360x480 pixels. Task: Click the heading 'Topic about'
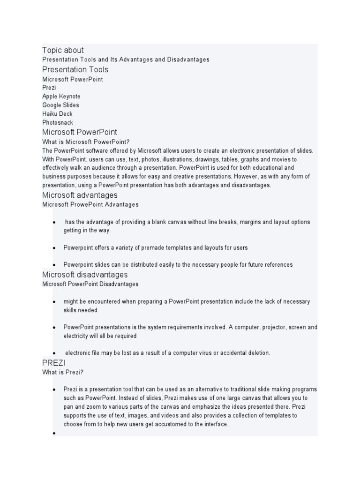coord(63,50)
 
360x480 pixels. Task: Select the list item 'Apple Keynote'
coord(61,97)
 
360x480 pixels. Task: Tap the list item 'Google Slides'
coord(60,105)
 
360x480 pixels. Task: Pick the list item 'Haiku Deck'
coord(57,114)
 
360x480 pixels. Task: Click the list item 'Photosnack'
coord(58,122)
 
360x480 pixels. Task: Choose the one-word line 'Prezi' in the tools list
coord(49,88)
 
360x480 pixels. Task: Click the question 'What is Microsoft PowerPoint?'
coord(86,142)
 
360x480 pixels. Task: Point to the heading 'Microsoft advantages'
coord(80,195)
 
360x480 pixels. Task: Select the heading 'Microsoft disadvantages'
coord(85,275)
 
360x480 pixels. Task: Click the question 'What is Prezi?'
coord(63,373)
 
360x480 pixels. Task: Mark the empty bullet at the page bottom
coord(54,433)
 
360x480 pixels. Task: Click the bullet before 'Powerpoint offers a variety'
coord(54,247)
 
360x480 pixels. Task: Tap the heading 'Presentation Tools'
coord(75,70)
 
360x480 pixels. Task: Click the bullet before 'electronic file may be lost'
coord(54,353)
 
